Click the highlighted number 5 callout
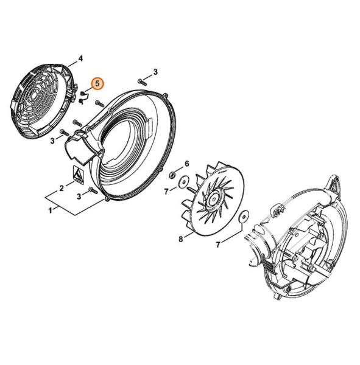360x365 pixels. click(x=97, y=83)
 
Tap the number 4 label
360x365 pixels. click(x=80, y=58)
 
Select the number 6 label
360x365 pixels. click(x=187, y=164)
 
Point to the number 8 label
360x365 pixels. click(x=181, y=239)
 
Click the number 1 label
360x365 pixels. click(x=50, y=210)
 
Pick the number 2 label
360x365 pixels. click(x=62, y=188)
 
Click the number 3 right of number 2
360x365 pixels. click(x=79, y=196)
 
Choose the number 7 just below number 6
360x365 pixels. click(x=166, y=192)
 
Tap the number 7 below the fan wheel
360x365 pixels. click(x=218, y=245)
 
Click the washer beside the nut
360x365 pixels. click(x=182, y=182)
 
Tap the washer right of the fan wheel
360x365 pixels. click(x=244, y=217)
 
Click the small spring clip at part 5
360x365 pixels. click(x=83, y=97)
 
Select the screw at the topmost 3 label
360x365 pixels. click(x=141, y=82)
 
